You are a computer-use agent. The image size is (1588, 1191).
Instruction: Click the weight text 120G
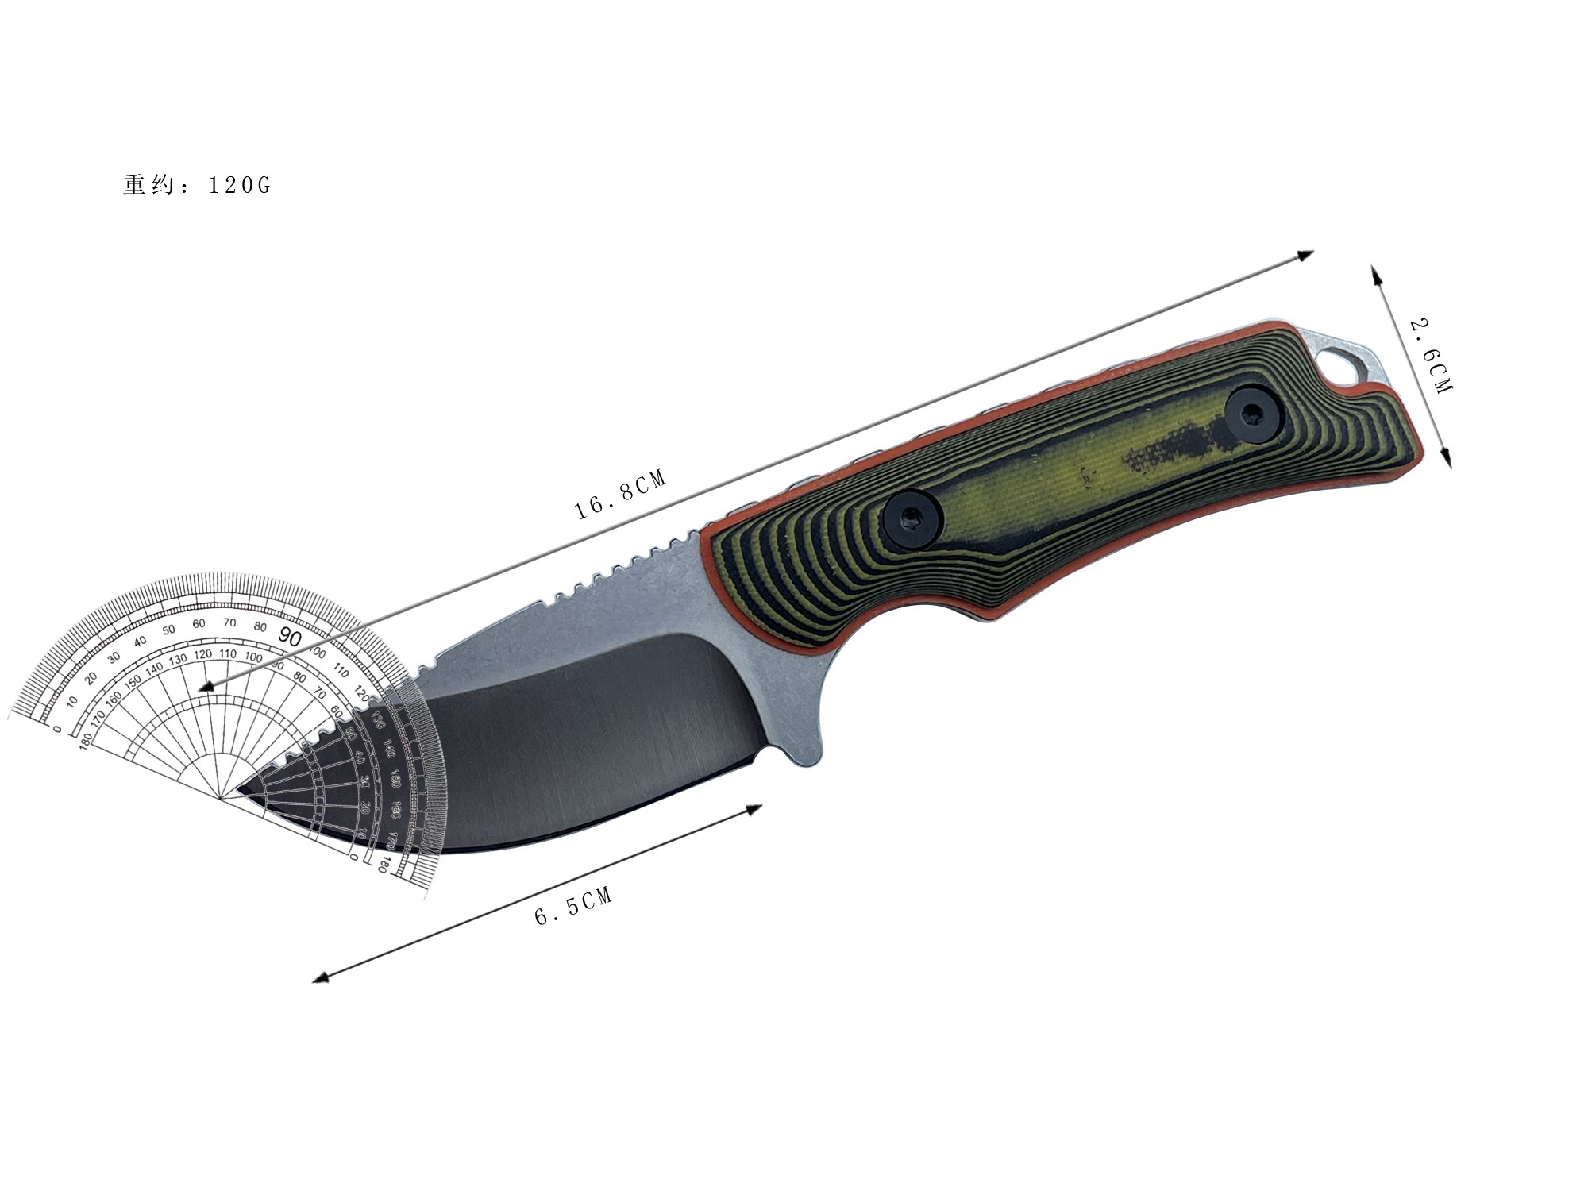click(239, 185)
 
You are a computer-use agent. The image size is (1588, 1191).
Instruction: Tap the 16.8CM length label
click(620, 495)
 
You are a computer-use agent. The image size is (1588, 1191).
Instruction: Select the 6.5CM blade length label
click(573, 907)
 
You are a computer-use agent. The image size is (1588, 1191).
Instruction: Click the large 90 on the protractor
click(290, 638)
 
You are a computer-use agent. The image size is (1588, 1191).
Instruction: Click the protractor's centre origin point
click(221, 800)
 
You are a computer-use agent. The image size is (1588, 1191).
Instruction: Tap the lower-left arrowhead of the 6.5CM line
click(320, 978)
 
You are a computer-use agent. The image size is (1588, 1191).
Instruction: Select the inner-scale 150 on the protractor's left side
click(132, 680)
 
